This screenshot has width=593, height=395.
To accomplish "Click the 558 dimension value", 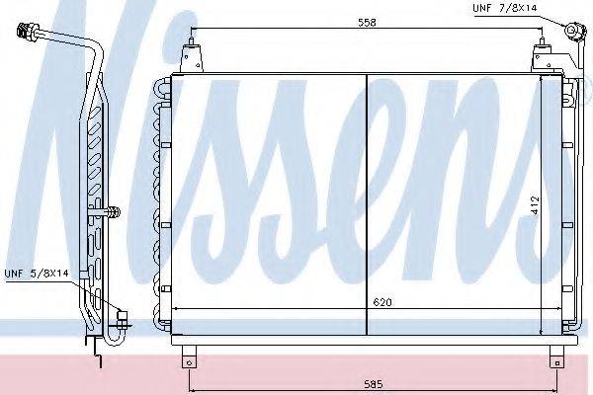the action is [367, 23].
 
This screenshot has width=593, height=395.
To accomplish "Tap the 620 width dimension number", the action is [382, 302].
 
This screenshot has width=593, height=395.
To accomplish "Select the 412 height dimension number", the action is [535, 205].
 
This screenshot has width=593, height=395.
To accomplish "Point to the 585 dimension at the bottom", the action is [374, 384].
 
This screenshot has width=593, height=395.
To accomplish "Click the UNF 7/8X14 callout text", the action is [504, 8].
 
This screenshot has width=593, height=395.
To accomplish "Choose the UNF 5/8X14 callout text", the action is [37, 273].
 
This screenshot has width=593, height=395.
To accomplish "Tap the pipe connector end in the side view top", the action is [28, 31].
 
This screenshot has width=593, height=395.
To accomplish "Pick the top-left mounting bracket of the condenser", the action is [192, 55].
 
